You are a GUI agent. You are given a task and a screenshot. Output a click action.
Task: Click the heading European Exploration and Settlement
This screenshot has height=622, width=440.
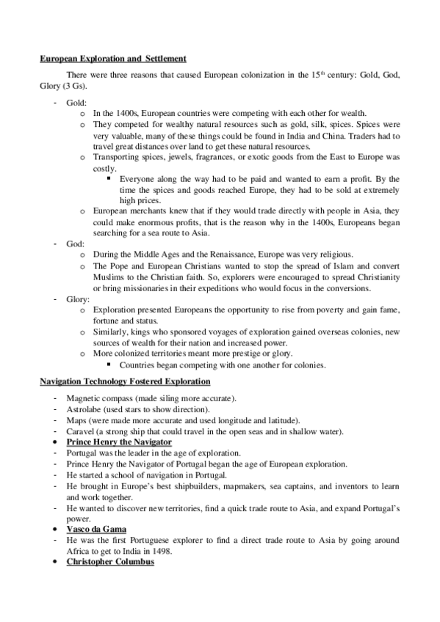coord(112,58)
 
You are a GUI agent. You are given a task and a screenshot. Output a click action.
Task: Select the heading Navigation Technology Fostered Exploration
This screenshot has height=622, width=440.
coord(125,382)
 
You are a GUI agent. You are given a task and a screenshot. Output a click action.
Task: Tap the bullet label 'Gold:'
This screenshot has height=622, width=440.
coord(77,104)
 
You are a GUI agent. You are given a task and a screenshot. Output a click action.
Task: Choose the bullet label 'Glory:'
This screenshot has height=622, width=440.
coord(79,299)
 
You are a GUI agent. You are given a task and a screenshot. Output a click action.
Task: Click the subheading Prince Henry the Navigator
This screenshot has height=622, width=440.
coord(119,442)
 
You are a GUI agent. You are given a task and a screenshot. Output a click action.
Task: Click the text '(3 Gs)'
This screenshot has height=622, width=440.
coord(68,87)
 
